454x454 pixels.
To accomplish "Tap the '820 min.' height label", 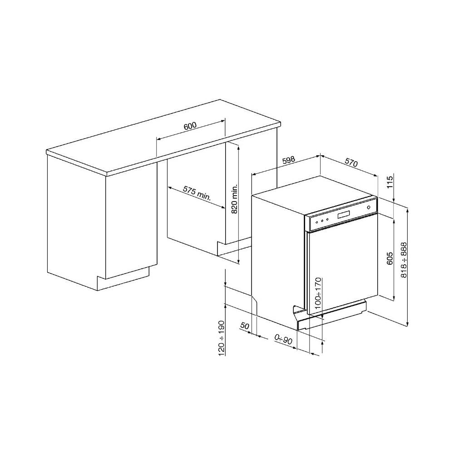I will (234, 198).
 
